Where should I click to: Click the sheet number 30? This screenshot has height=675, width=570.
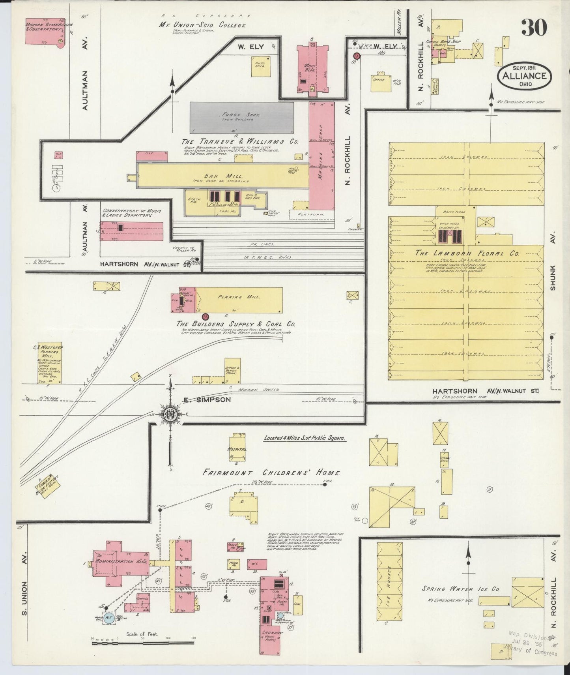pos(534,28)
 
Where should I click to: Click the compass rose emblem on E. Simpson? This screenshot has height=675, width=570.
pos(170,414)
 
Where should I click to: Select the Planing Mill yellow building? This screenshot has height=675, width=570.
pos(239,300)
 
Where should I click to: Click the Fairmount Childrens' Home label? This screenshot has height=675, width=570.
pos(271,472)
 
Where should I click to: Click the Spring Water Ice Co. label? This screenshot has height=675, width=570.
pos(461,589)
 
